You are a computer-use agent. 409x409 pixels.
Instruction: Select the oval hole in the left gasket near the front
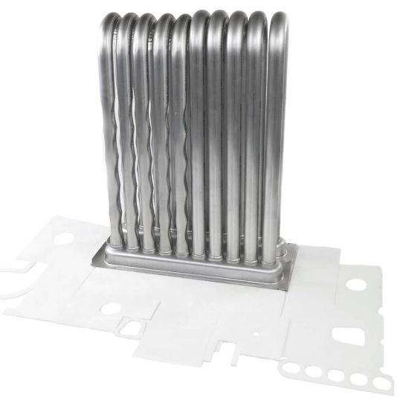(x=112, y=306)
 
